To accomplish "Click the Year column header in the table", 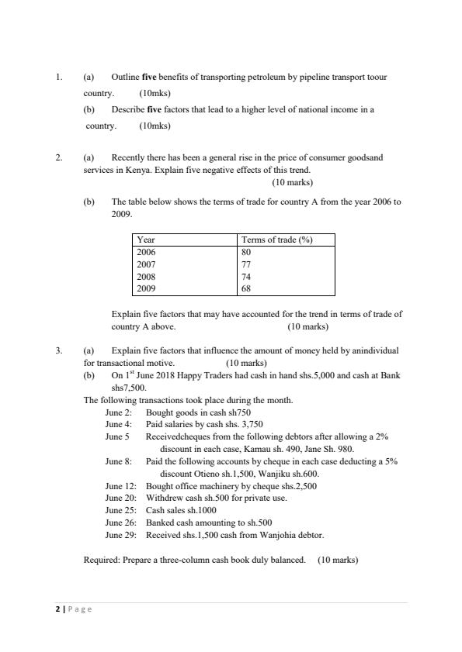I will coord(145,240).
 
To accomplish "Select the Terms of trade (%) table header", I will coord(276,240).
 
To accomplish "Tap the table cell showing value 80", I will coord(248,252).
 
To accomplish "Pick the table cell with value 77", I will coord(248,264).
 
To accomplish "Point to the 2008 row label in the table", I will coord(145,277).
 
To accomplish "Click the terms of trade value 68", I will coord(248,289).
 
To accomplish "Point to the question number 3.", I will coord(59,350).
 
